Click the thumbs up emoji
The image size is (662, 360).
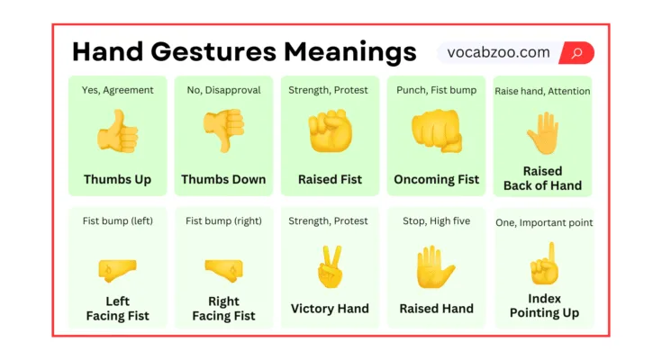pyautogui.click(x=117, y=131)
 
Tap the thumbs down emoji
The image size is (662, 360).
pyautogui.click(x=223, y=131)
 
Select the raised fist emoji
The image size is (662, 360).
pyautogui.click(x=330, y=131)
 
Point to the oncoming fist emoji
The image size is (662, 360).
pyautogui.click(x=436, y=131)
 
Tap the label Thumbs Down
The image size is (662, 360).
pyautogui.click(x=223, y=179)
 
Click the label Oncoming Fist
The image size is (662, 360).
pyautogui.click(x=436, y=179)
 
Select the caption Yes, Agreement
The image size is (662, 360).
pyautogui.click(x=117, y=90)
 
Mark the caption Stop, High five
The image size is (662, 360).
pyautogui.click(x=436, y=221)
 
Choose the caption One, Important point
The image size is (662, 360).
pyautogui.click(x=543, y=222)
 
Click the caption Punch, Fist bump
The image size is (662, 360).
pyautogui.click(x=436, y=90)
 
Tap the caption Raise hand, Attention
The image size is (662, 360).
pyautogui.click(x=543, y=91)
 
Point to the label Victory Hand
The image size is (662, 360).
pyautogui.click(x=330, y=309)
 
